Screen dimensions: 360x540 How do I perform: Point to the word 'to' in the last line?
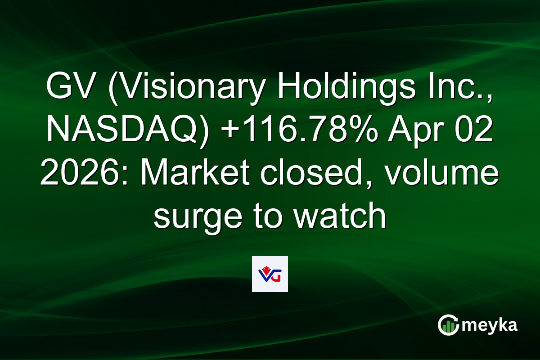coord(267,217)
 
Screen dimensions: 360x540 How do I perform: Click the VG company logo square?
coord(270,274)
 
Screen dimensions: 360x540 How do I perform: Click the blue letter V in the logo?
coord(265,275)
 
